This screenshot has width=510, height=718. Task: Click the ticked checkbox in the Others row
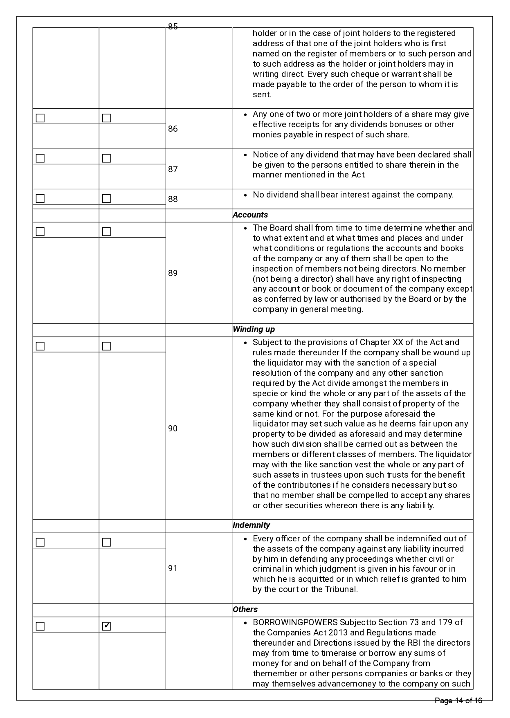coord(106,626)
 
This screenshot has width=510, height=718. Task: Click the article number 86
coord(173,129)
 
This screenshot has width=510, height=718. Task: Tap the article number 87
coord(173,169)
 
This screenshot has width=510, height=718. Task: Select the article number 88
coord(173,199)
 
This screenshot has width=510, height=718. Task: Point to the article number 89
coord(173,273)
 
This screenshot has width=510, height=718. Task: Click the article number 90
coord(173,429)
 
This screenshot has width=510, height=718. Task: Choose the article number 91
coord(173,568)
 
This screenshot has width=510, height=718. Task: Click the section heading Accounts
coord(250,215)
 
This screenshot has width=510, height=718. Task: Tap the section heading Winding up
coord(254,330)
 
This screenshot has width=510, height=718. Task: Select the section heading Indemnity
coord(251,525)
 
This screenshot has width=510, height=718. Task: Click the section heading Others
coord(245,610)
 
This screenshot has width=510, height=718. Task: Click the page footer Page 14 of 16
coord(458,701)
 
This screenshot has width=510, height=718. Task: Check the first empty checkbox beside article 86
coord(40,118)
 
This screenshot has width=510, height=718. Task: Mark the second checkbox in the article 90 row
coord(106,346)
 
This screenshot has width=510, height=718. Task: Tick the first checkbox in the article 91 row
coord(40,543)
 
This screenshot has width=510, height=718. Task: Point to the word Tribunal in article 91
coord(341,590)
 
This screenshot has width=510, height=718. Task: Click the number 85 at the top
coord(173,27)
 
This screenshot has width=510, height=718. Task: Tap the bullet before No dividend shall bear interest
coord(245,195)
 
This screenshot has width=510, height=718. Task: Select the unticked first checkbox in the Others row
coord(40,626)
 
